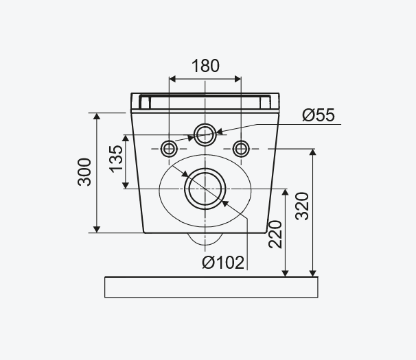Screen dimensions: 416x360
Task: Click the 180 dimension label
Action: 205,66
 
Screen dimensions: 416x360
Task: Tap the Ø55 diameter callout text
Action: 319,115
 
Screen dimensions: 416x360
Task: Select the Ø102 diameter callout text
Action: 223,263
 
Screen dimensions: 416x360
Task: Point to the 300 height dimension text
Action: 84,172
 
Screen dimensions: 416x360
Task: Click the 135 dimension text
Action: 117,159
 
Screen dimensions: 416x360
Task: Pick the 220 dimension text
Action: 275,235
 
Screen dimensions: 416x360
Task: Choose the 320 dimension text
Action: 303,206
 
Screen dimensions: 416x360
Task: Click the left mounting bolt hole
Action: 169,149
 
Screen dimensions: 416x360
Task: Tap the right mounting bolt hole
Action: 241,149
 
